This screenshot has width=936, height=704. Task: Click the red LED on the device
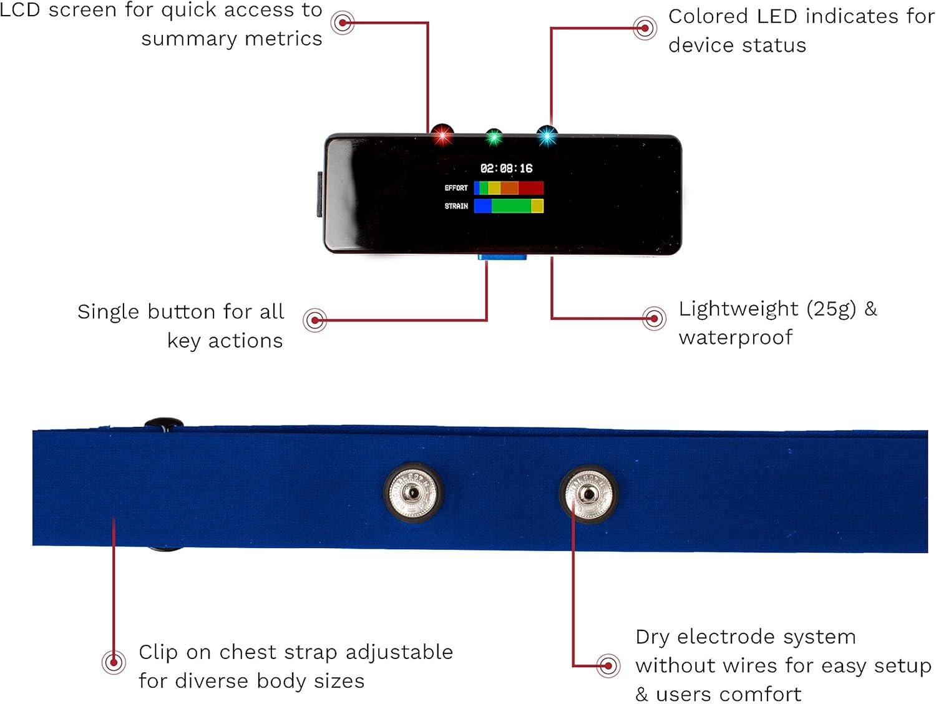[x=442, y=135]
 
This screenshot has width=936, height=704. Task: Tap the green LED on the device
[x=494, y=137]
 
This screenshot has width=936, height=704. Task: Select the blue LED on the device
[x=547, y=135]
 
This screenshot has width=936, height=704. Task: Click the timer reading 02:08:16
[x=506, y=169]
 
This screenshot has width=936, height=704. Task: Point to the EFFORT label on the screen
[x=456, y=188]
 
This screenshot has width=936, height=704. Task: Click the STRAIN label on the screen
[x=456, y=206]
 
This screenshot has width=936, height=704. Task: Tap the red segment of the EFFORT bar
[x=531, y=188]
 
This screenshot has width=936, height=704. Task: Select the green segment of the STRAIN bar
[x=511, y=206]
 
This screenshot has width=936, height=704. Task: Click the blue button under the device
[x=502, y=257]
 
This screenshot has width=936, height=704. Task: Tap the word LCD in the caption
[x=20, y=11]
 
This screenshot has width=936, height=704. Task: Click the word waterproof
[x=736, y=338]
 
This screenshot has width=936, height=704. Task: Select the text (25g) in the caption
[x=831, y=309]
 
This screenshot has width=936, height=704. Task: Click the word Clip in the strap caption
[x=158, y=652]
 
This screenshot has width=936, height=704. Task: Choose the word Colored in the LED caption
[x=709, y=17]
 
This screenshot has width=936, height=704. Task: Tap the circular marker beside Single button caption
[x=315, y=320]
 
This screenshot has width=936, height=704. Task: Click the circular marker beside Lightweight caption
[x=653, y=318]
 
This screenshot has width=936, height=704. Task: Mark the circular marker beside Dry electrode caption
[x=608, y=665]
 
